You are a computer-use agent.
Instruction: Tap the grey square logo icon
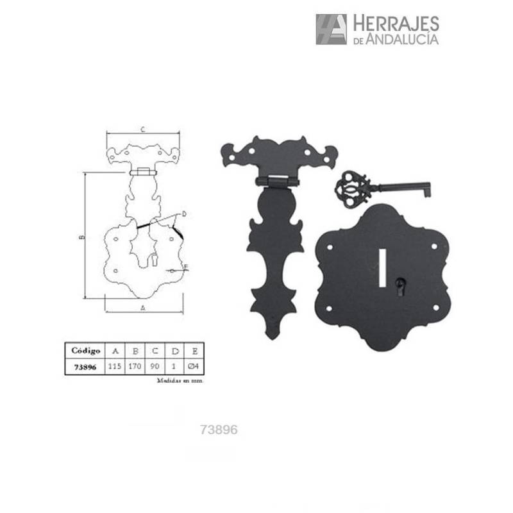click(x=331, y=29)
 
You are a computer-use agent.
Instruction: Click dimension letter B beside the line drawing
click(x=81, y=237)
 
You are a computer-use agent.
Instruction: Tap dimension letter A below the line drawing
click(x=142, y=307)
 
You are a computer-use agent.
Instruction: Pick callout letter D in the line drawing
click(x=183, y=214)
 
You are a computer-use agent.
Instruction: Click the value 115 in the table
click(x=115, y=367)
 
